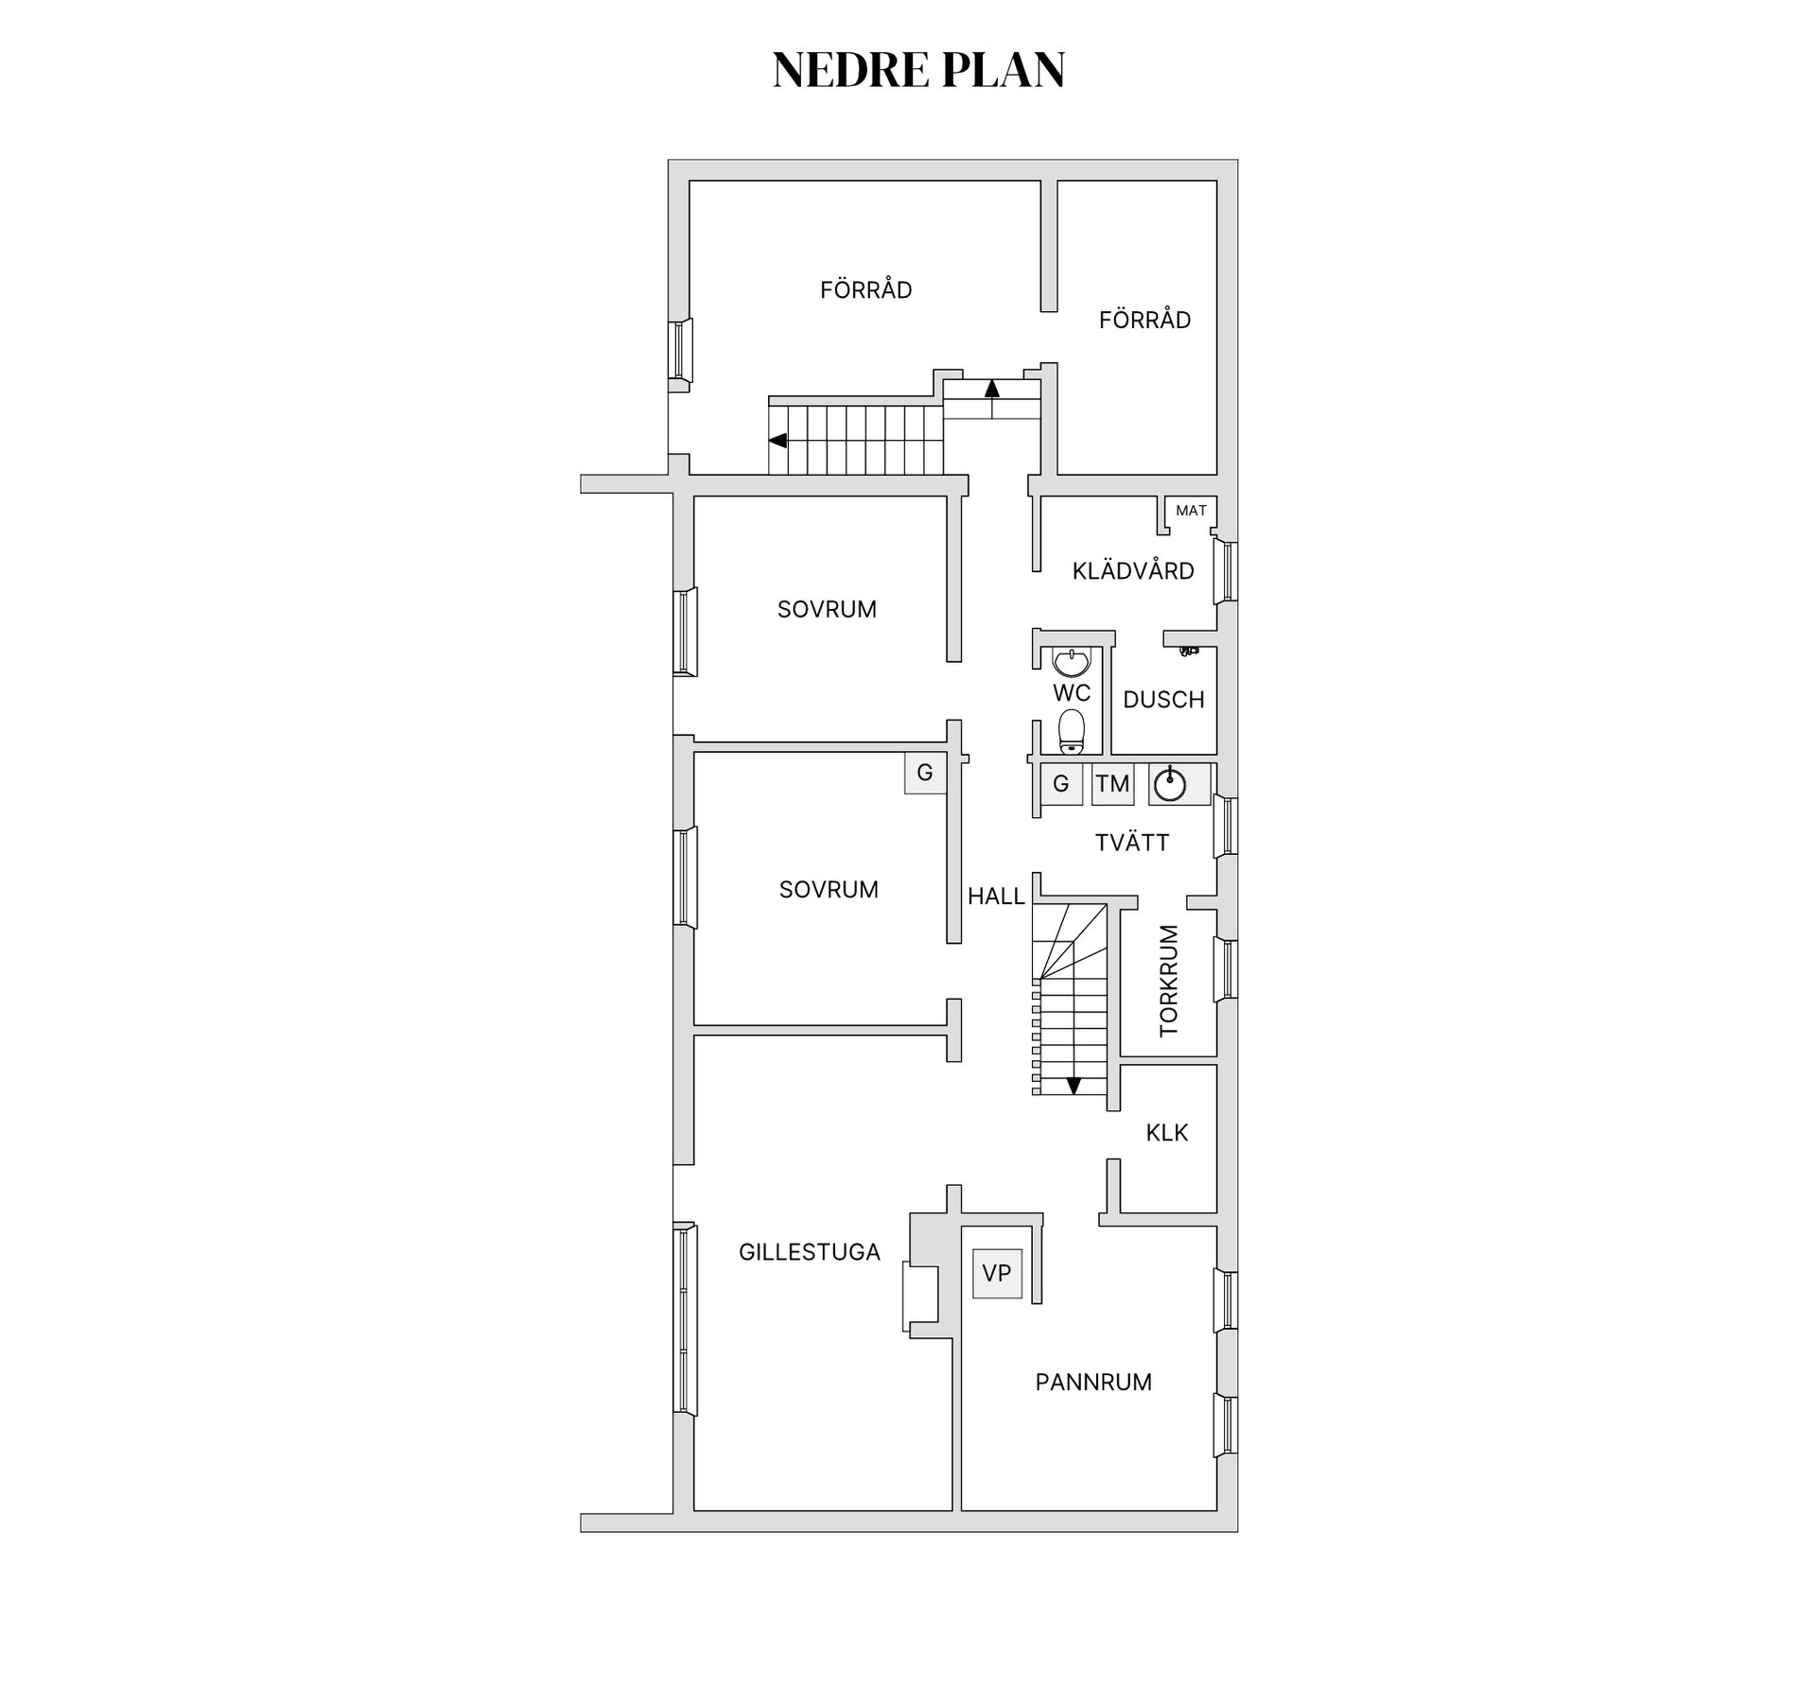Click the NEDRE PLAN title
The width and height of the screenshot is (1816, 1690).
pyautogui.click(x=918, y=70)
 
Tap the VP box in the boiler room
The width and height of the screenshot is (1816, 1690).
pyautogui.click(x=997, y=1273)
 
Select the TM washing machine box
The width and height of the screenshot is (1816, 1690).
pyautogui.click(x=1113, y=784)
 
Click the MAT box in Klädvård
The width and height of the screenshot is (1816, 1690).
pyautogui.click(x=1191, y=511)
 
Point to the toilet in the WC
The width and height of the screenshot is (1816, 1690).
pyautogui.click(x=1071, y=732)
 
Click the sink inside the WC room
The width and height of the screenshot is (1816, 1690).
pyautogui.click(x=1072, y=661)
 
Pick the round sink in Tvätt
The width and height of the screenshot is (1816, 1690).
pyautogui.click(x=1170, y=784)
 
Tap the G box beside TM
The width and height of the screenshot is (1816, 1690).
pyautogui.click(x=1061, y=784)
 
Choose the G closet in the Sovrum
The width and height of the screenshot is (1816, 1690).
pyautogui.click(x=925, y=773)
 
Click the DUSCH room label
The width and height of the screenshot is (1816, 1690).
pyautogui.click(x=1163, y=700)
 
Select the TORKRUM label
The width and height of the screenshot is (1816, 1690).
pyautogui.click(x=1169, y=981)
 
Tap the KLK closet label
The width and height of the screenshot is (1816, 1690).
pyautogui.click(x=1167, y=1132)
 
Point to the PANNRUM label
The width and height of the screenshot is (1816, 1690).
pyautogui.click(x=1093, y=1382)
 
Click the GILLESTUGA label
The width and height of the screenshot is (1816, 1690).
pyautogui.click(x=810, y=1251)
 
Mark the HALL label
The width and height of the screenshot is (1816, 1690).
pyautogui.click(x=996, y=896)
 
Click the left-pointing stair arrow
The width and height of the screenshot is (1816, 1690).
pyautogui.click(x=778, y=440)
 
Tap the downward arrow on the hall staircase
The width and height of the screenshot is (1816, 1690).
pyautogui.click(x=1074, y=1086)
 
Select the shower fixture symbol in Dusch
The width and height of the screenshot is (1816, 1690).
pyautogui.click(x=1189, y=651)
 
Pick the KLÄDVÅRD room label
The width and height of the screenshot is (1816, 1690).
pyautogui.click(x=1133, y=570)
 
